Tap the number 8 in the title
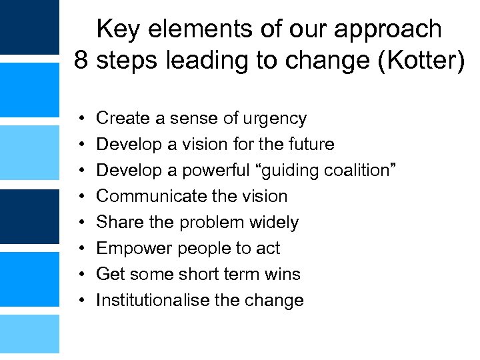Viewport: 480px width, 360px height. point(81,61)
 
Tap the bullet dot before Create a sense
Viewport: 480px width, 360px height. point(79,119)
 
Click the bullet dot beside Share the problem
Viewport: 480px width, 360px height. point(79,223)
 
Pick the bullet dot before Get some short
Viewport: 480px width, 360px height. point(79,275)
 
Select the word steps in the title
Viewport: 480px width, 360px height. point(125,61)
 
